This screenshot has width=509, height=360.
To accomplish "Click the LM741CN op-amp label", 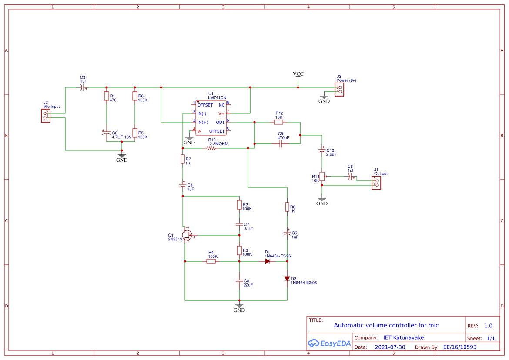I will tap(217, 98).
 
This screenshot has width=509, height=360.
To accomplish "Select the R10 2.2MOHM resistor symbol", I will tap(211, 148).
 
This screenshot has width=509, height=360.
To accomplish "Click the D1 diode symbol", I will tap(268, 261).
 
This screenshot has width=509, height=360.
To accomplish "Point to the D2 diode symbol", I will tap(287, 279).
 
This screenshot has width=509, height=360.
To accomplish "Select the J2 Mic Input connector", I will tap(45, 115).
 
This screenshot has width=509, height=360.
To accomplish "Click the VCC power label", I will tap(298, 74).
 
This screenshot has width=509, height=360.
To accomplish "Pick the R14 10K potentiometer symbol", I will tap(322, 177).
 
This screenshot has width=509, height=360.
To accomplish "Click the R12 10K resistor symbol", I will tap(279, 122).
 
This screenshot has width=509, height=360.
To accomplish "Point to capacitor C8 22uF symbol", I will tap(239, 281).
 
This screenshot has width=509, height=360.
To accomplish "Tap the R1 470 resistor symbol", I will tap(107, 96).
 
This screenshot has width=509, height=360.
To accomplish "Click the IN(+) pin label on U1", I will tap(203, 122).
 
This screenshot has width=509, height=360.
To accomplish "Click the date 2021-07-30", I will tap(390, 347).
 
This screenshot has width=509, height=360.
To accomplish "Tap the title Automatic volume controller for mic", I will tap(386, 325).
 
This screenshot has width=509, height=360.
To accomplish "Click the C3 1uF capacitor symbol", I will tap(83, 87).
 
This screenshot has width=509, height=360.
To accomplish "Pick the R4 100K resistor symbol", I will tap(211, 261).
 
